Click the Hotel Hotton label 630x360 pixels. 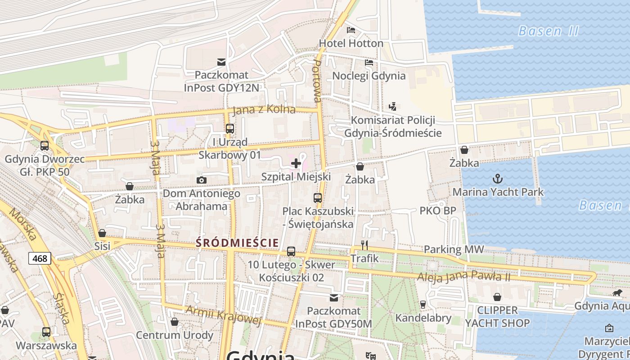tap(351, 43)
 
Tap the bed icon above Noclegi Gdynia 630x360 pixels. tap(369, 63)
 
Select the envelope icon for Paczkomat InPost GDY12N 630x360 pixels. tap(221, 62)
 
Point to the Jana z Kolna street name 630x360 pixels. tap(264, 109)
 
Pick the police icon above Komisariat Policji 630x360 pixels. tap(393, 107)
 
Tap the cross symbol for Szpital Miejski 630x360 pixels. tap(296, 163)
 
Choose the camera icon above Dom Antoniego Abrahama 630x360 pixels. tap(202, 180)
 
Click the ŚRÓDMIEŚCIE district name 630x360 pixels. tap(237, 243)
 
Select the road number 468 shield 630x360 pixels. tap(40, 258)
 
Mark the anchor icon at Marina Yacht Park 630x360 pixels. tap(497, 179)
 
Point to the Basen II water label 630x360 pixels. tap(548, 31)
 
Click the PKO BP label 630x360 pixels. tap(438, 211)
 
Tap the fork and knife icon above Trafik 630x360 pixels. tap(364, 245)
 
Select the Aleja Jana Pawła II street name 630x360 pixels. tap(463, 276)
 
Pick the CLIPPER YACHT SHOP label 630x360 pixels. tap(497, 316)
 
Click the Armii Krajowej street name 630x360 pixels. tap(224, 315)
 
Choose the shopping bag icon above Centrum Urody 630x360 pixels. tap(175, 322)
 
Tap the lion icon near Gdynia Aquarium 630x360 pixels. tap(617, 293)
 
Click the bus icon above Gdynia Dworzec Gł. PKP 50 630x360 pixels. tap(44, 146)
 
